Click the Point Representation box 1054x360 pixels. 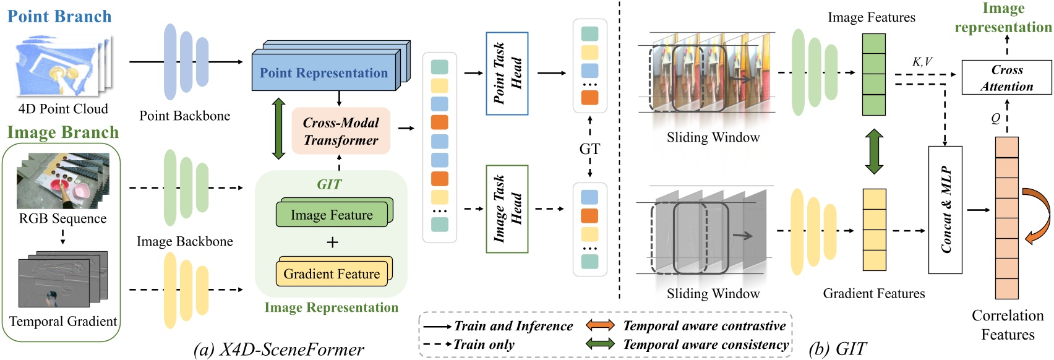click(323, 72)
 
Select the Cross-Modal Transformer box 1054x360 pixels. click(341, 131)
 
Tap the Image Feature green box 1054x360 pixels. click(332, 215)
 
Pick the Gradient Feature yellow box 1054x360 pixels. click(332, 273)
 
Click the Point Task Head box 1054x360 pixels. click(507, 73)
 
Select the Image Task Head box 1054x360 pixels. click(507, 209)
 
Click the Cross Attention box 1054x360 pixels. click(1006, 78)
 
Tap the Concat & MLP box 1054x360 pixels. click(945, 210)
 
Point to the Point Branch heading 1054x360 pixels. click(59, 16)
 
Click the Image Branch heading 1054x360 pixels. click(62, 132)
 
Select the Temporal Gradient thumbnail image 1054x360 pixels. click(62, 279)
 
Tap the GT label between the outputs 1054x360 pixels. click(589, 149)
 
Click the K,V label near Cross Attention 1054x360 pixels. click(922, 62)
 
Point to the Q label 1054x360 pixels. click(995, 118)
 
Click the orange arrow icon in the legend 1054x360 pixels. click(600, 325)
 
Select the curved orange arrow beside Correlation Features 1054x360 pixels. click(1037, 216)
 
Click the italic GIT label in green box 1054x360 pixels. click(329, 184)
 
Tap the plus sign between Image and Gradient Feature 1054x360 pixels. click(332, 242)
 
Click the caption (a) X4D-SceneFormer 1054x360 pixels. click(279, 349)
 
